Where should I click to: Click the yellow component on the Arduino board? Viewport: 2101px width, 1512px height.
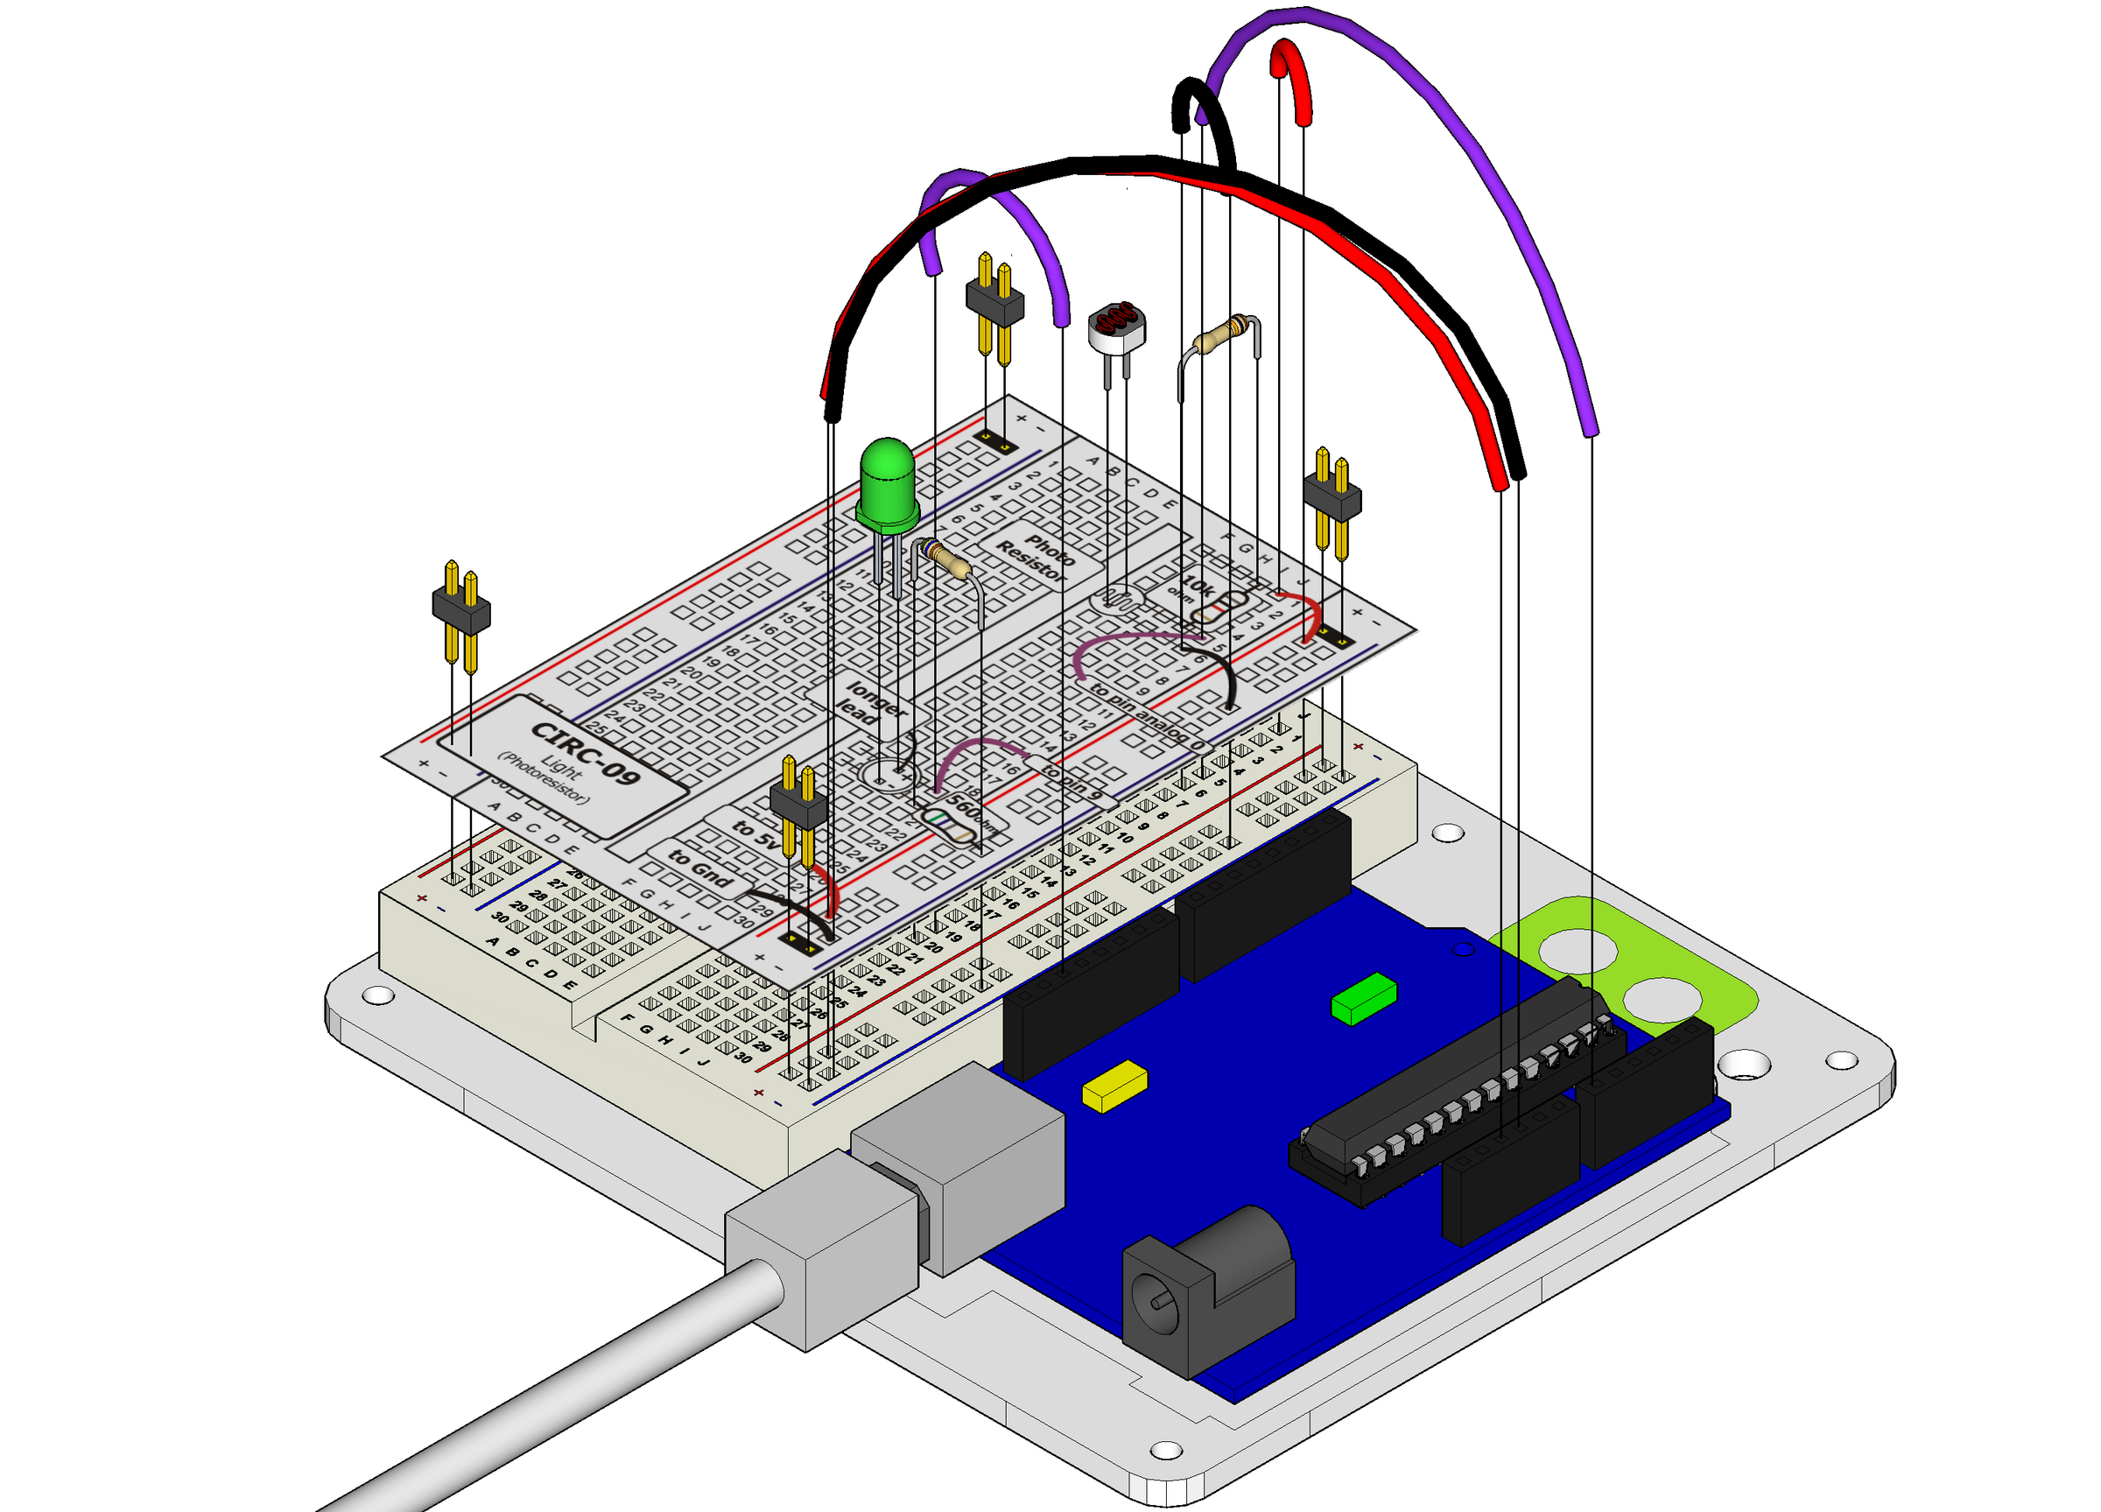pyautogui.click(x=1114, y=1086)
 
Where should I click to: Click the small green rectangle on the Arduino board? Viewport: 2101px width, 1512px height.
pyautogui.click(x=1363, y=999)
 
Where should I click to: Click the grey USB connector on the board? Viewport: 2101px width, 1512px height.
pyautogui.click(x=958, y=1167)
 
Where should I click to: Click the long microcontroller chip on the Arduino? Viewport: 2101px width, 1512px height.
pyautogui.click(x=1454, y=1094)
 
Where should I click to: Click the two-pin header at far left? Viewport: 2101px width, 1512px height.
pyautogui.click(x=460, y=611)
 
